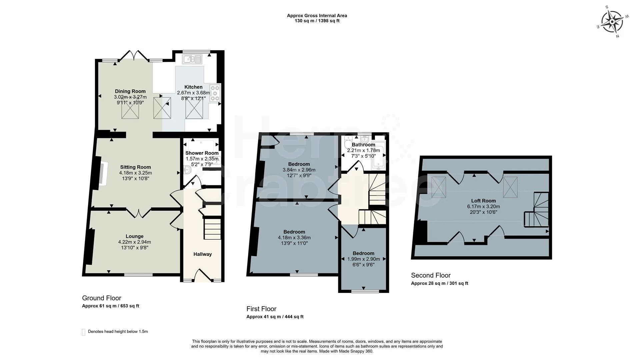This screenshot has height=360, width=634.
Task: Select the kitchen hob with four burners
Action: point(215,93)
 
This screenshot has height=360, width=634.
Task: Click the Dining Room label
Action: point(130,91)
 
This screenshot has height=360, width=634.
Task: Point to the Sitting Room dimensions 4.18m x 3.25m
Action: point(135,173)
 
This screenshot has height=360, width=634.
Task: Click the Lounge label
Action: point(134,236)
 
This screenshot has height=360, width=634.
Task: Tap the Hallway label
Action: point(202,254)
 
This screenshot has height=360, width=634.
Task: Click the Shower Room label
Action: point(202,153)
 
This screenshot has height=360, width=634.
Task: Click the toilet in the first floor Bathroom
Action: point(348,142)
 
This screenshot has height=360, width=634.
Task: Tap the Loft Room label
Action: point(483,201)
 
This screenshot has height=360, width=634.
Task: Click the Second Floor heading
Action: point(431,275)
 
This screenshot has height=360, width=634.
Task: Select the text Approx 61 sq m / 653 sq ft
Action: point(110,306)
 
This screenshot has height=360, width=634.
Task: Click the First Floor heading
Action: point(261,309)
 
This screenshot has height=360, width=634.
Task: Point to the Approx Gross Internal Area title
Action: point(317,16)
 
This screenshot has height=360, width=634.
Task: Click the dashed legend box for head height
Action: point(84,332)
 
